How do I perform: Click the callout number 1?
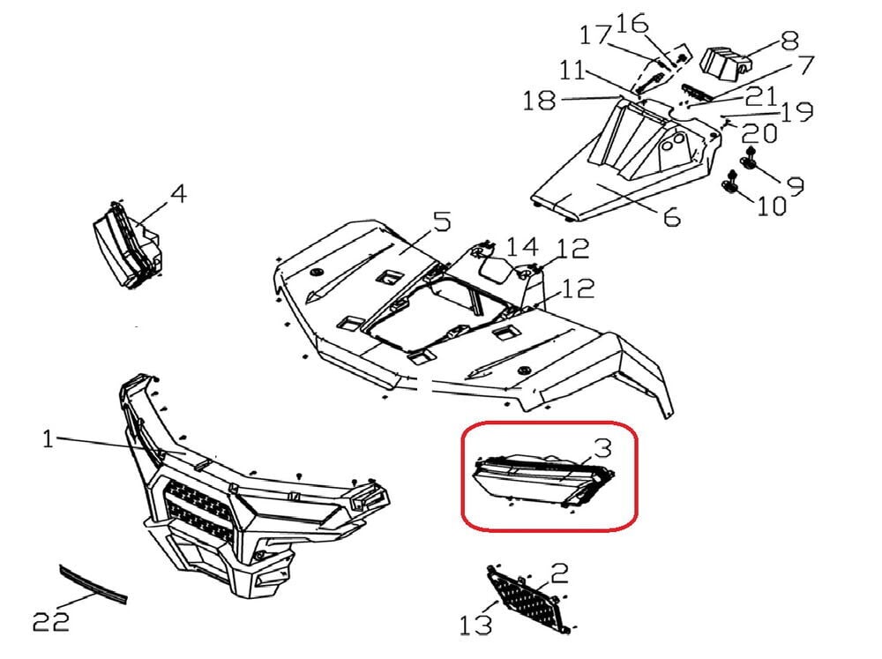point(49,438)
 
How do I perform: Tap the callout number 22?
point(50,622)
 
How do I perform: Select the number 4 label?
point(178,193)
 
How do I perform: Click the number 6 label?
point(670,214)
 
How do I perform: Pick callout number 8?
point(789,41)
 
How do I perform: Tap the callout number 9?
point(795,185)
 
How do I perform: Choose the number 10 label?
point(771,206)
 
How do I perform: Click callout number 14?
point(521,246)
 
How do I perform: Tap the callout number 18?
point(540,101)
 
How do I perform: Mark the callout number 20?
point(759,134)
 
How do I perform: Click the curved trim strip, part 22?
point(92,584)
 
